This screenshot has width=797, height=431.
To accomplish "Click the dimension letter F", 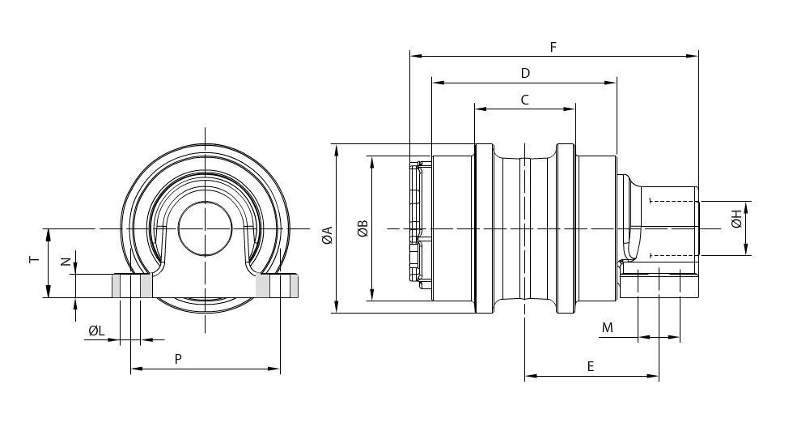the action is (553, 47).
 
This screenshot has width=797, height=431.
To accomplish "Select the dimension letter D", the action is (525, 73).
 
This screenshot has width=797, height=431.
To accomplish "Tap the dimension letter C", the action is (524, 100).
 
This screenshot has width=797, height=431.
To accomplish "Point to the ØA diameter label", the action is (328, 235).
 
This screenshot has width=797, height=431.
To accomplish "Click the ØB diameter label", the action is (362, 229).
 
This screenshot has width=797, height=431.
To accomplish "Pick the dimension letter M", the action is (608, 328).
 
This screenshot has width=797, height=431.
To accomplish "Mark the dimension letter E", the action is (590, 366).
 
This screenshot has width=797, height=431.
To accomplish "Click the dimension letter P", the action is (178, 359).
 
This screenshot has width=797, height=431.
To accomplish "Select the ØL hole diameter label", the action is (96, 331).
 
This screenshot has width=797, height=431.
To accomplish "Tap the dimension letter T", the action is (35, 259).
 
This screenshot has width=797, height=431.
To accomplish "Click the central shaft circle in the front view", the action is (206, 229).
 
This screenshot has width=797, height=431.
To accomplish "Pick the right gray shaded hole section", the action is (277, 285).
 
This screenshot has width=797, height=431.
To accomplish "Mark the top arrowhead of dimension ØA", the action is (336, 150).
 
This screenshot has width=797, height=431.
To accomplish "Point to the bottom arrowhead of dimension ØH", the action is (746, 249).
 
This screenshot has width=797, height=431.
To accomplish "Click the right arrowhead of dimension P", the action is (274, 369).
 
